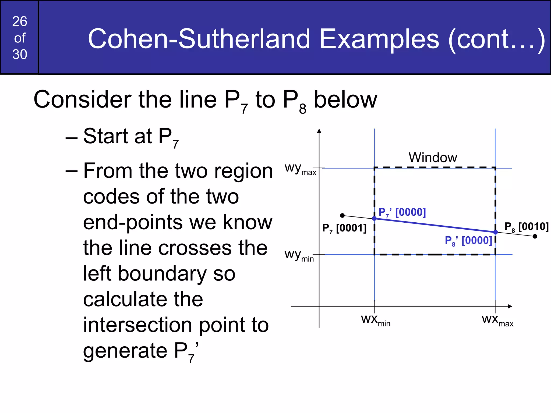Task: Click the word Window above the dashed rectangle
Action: [433, 158]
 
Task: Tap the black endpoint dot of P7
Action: [342, 215]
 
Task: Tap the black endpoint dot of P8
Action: [535, 236]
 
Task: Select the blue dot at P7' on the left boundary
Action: [374, 219]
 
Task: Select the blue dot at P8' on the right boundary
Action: [495, 232]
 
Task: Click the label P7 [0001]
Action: [344, 228]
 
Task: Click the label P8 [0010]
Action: [526, 227]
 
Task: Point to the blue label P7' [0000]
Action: [402, 212]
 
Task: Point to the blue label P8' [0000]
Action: [468, 241]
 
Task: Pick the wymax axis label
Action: [300, 169]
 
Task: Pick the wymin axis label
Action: [299, 255]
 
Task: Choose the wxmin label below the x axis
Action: [376, 320]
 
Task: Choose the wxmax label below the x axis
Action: [497, 320]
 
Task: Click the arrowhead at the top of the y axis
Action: [319, 131]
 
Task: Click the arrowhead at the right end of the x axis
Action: [510, 306]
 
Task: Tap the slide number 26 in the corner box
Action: [20, 22]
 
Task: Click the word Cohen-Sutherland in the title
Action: [199, 39]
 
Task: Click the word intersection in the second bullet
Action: [137, 325]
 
